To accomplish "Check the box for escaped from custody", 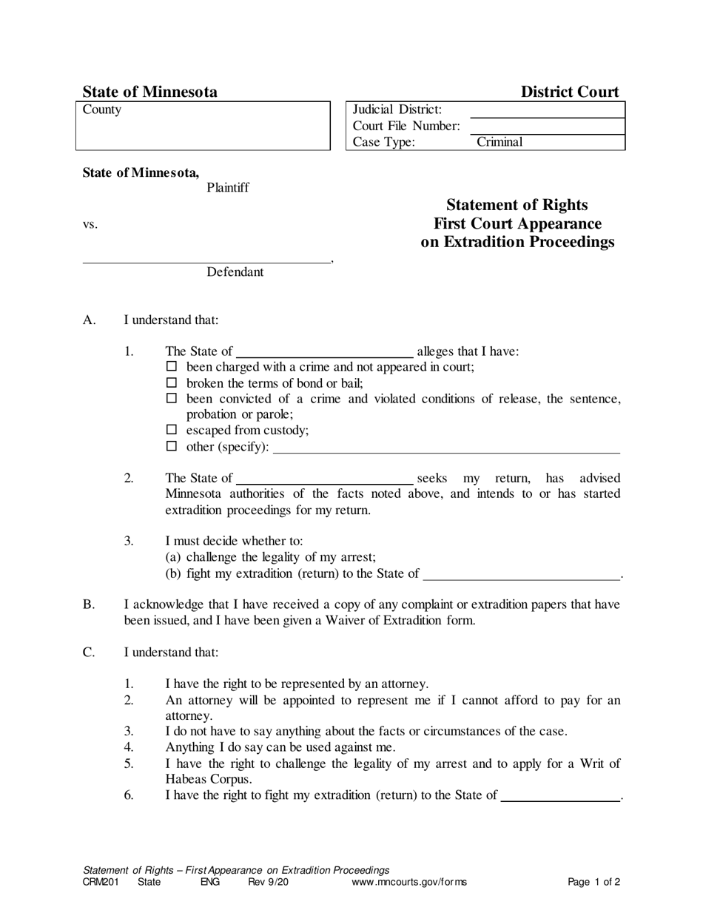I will click(172, 430).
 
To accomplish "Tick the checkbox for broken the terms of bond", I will click(172, 382).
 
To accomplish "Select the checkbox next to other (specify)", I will click(172, 446).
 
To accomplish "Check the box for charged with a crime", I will click(172, 366).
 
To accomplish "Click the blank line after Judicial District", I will click(547, 112).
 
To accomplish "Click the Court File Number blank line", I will click(547, 128).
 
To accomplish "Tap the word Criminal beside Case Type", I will click(499, 142).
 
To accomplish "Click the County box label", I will click(102, 110).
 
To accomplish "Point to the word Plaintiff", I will click(227, 188).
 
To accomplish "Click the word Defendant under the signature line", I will click(235, 272).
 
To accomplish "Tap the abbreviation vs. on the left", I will click(90, 225).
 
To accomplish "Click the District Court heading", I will click(570, 92).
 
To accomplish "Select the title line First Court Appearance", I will click(517, 224).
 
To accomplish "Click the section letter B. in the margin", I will click(89, 605).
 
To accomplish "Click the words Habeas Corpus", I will click(209, 780).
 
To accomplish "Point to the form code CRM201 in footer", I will click(101, 882).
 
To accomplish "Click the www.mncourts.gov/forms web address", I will click(409, 882).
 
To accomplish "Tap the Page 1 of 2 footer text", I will click(593, 882).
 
